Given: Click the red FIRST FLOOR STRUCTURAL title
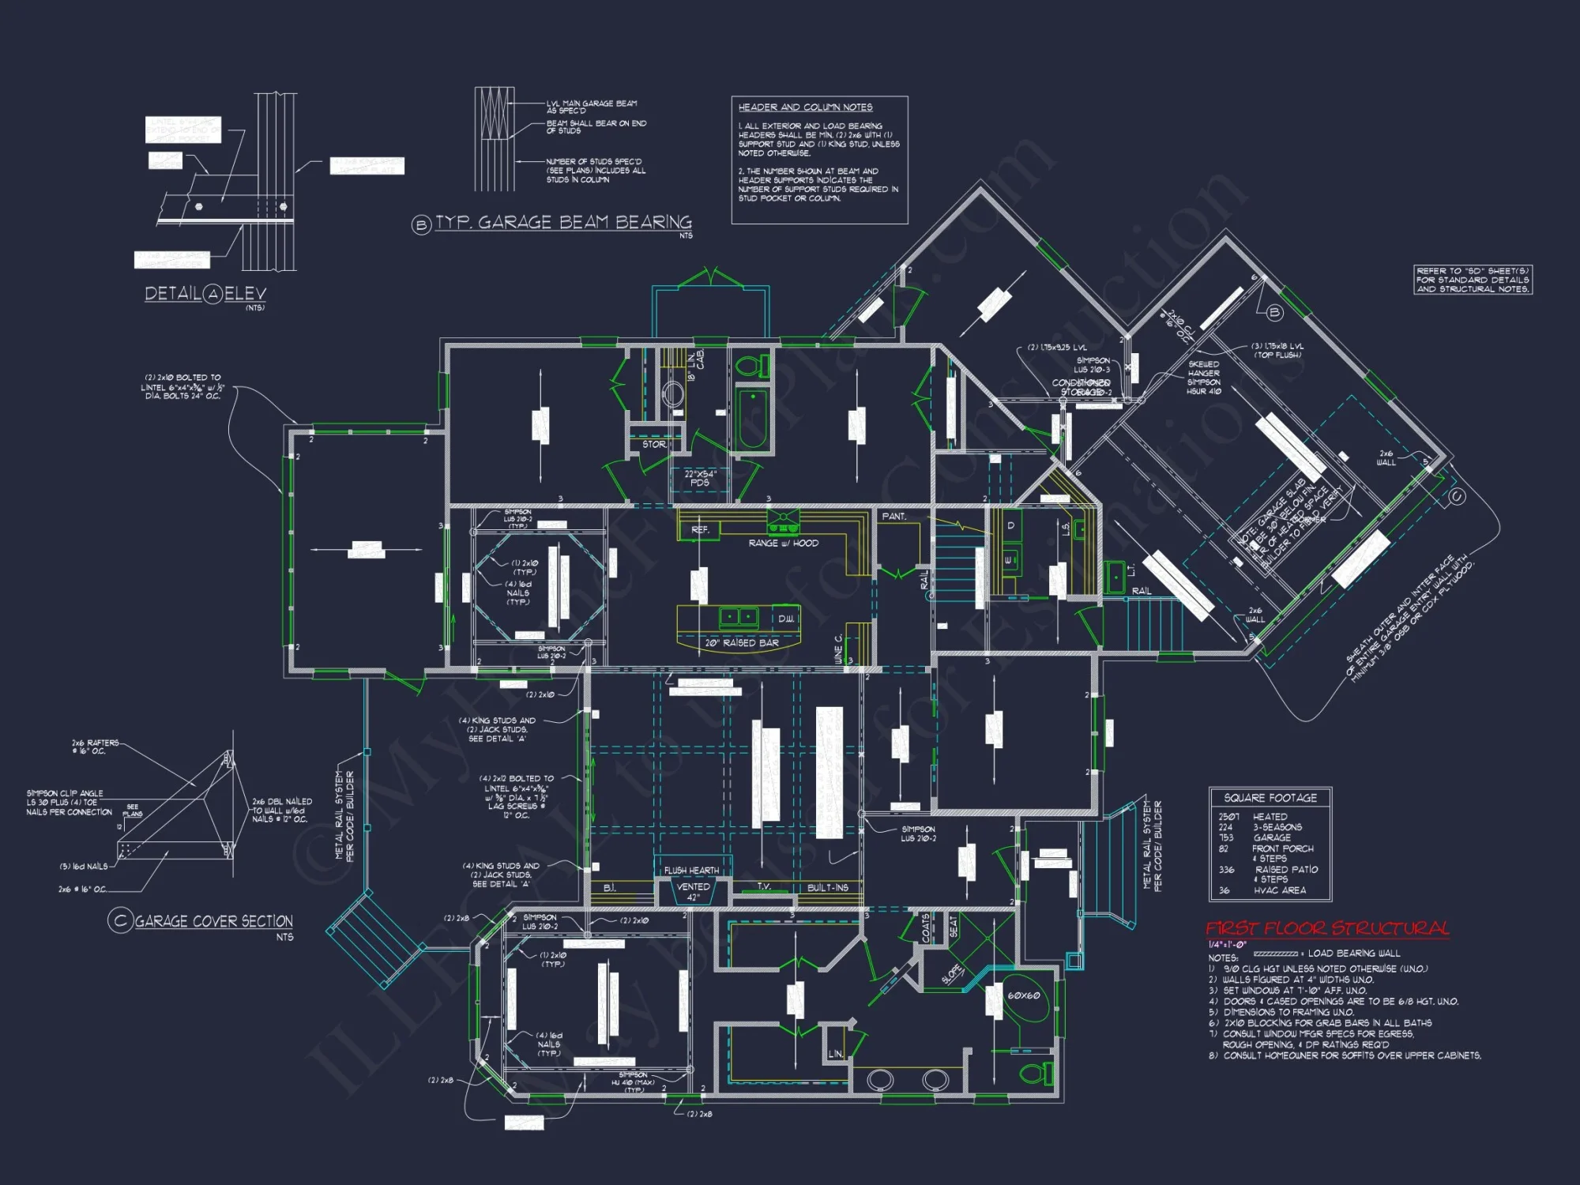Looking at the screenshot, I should pyautogui.click(x=1327, y=928).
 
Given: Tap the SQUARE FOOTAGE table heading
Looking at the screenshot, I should pyautogui.click(x=1270, y=798).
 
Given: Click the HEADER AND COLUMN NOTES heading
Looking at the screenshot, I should pyautogui.click(x=805, y=107).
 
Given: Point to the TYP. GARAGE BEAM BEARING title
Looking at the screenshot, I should pyautogui.click(x=562, y=223).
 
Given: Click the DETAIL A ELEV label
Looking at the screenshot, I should pyautogui.click(x=205, y=294).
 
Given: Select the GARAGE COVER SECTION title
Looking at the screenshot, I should pyautogui.click(x=213, y=921).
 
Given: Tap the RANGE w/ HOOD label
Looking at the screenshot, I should pyautogui.click(x=783, y=544).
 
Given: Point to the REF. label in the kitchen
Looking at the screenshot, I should pyautogui.click(x=700, y=530).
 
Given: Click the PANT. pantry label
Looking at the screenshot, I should pyautogui.click(x=893, y=517).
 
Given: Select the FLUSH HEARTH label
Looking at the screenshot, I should pyautogui.click(x=691, y=871).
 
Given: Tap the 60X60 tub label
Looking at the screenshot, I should pyautogui.click(x=1023, y=995).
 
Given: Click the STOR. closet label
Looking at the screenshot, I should pyautogui.click(x=654, y=445).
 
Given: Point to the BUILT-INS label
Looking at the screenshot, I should pyautogui.click(x=827, y=888).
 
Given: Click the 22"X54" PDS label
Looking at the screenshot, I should pyautogui.click(x=700, y=478).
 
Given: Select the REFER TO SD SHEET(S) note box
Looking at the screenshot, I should pyautogui.click(x=1473, y=280).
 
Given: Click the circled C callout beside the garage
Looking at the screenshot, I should pyautogui.click(x=1457, y=496).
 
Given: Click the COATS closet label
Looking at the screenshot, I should pyautogui.click(x=927, y=927).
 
